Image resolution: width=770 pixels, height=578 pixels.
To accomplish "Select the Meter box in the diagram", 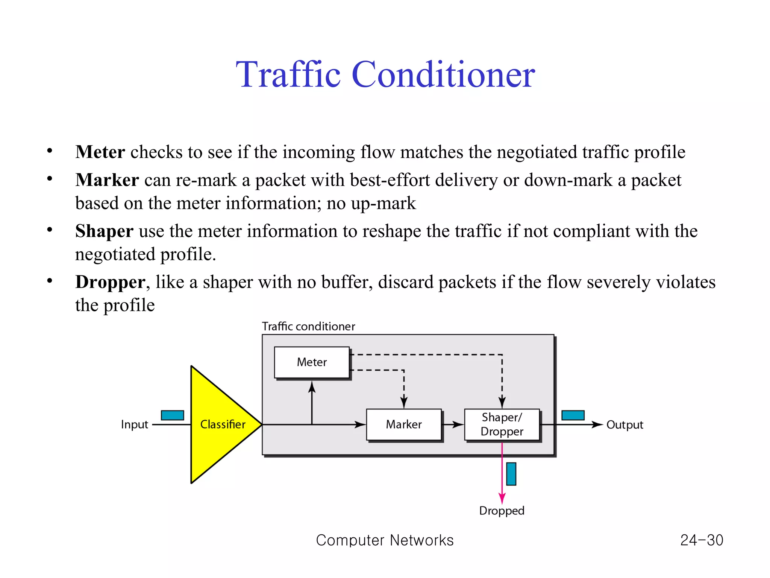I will [x=312, y=362].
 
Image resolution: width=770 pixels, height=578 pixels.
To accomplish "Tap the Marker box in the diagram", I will [x=403, y=424].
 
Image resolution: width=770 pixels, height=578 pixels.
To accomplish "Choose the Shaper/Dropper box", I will [x=502, y=424].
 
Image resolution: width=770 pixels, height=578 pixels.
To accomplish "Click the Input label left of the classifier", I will [x=134, y=424].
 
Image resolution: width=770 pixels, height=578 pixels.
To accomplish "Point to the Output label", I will [x=624, y=424].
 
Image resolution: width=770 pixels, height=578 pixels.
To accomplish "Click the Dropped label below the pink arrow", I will [x=502, y=511].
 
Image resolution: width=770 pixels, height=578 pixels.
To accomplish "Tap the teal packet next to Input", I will [x=172, y=415].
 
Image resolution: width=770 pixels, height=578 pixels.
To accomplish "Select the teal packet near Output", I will [x=573, y=415].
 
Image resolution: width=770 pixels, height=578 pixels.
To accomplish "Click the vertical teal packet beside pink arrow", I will [x=511, y=474].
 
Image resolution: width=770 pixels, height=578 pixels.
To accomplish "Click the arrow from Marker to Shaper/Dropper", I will [x=453, y=424].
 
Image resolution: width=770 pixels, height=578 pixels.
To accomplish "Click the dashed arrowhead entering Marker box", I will [x=404, y=402].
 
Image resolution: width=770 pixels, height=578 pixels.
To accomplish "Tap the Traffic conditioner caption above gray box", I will [x=308, y=326].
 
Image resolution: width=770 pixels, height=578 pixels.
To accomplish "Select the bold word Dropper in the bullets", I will [x=110, y=282].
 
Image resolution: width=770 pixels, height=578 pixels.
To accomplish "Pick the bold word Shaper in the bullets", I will [x=104, y=231].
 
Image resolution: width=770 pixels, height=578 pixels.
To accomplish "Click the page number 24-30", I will [x=702, y=540].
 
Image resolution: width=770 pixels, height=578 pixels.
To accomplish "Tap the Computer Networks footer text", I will [x=385, y=540].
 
